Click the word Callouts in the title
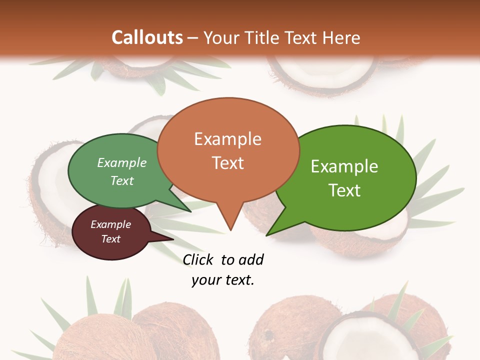(147, 37)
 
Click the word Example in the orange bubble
(228, 139)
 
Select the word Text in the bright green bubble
(344, 190)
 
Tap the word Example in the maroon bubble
(110, 224)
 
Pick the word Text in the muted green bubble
(122, 181)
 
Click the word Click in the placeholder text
(198, 259)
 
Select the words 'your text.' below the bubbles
(223, 280)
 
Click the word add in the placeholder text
(251, 259)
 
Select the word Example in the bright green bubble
(344, 166)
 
